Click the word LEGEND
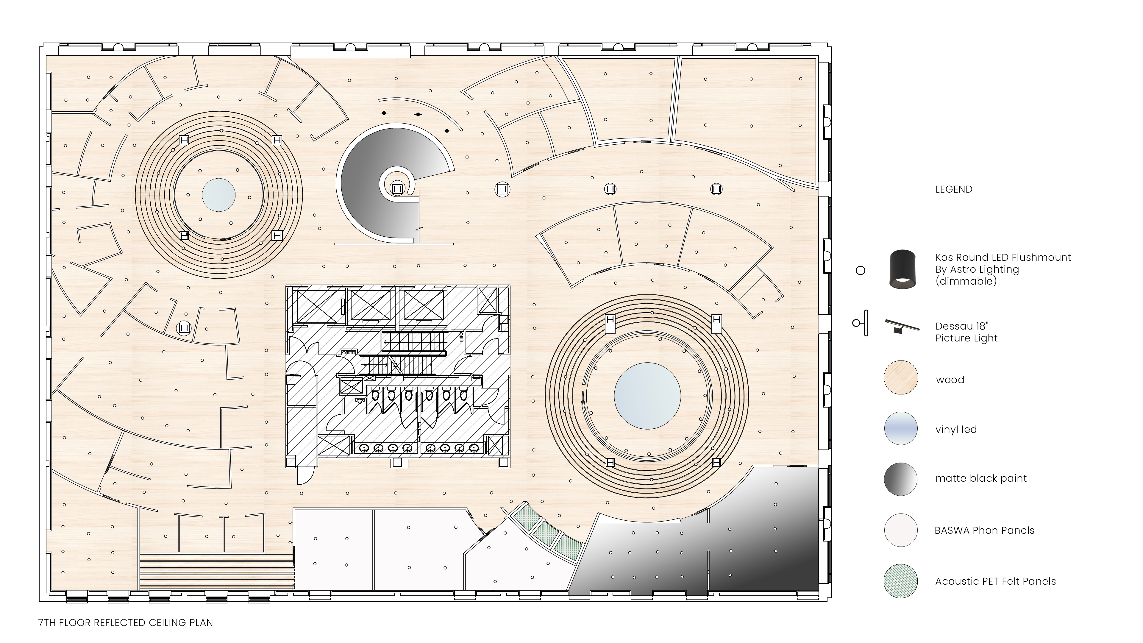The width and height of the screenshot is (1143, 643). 953,190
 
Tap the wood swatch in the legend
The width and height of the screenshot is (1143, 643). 901,377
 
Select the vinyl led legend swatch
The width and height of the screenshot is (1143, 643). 901,428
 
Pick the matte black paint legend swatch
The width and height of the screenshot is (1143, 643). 901,479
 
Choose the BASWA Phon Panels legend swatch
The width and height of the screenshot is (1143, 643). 901,530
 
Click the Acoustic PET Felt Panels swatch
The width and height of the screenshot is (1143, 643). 901,581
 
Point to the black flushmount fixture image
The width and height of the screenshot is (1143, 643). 902,269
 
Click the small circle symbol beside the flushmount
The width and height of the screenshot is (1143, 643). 860,270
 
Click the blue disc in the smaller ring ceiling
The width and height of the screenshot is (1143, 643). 219,195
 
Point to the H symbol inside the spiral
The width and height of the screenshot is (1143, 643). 397,189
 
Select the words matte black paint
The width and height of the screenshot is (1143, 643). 981,478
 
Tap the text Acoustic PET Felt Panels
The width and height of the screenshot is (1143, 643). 995,581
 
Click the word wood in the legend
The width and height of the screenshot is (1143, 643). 950,380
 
